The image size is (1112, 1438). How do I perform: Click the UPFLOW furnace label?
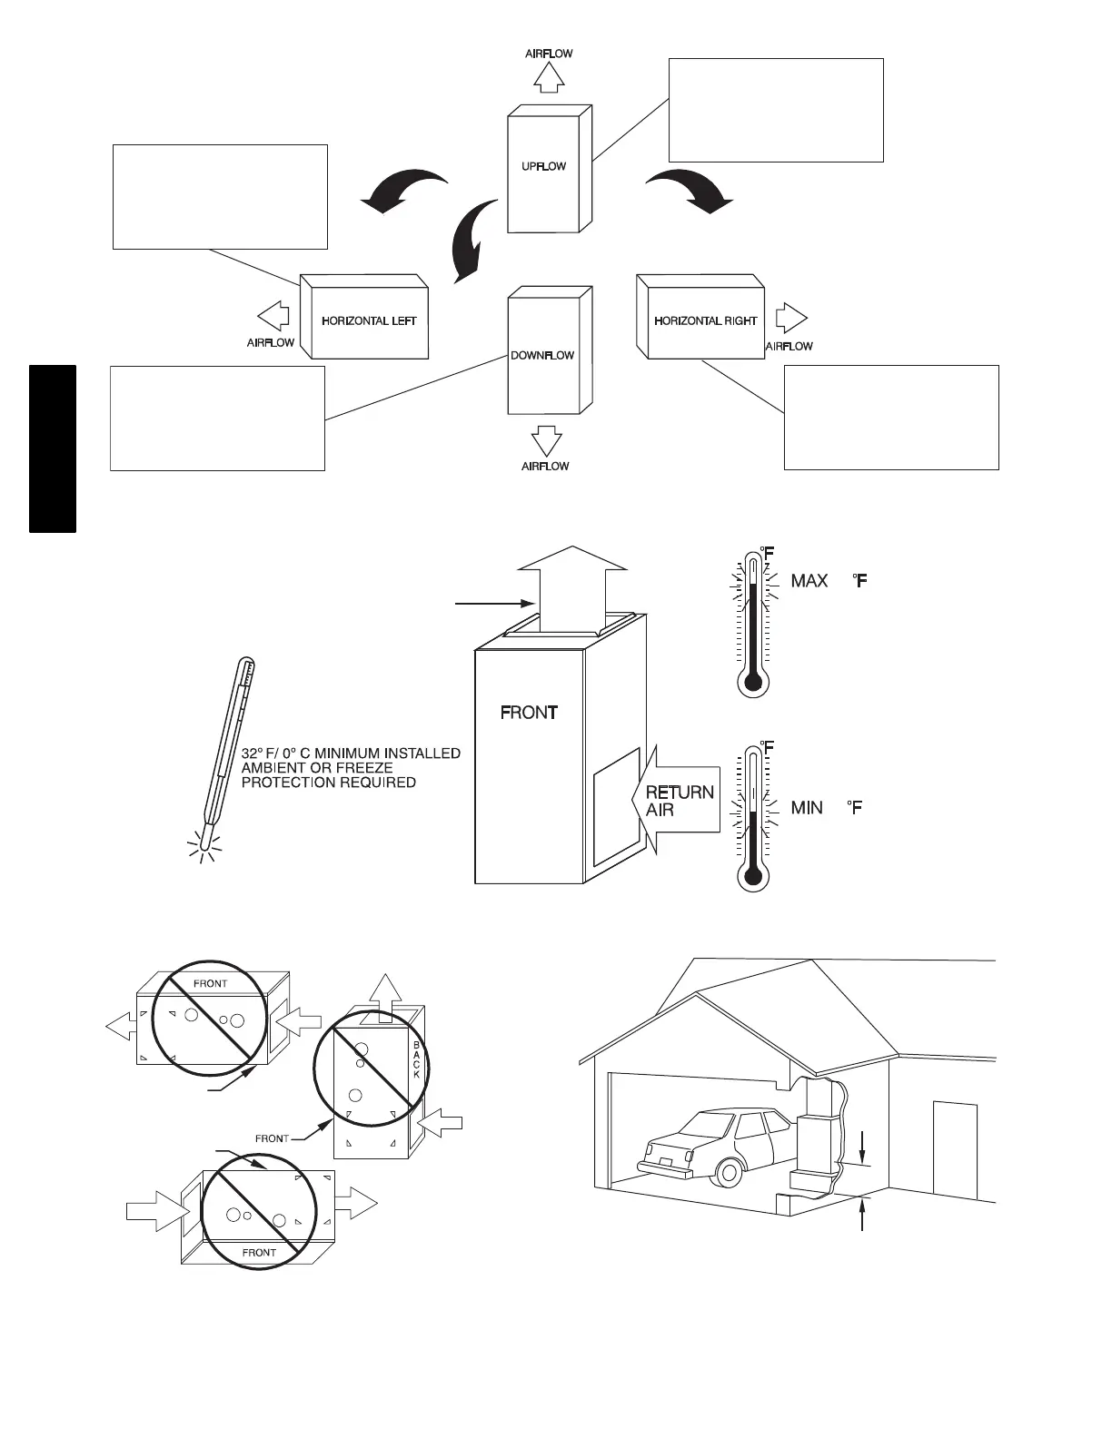[543, 166]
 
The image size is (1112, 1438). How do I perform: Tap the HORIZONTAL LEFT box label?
[369, 320]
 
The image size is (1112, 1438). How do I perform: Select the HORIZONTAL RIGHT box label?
[705, 320]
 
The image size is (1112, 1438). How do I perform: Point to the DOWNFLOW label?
[542, 355]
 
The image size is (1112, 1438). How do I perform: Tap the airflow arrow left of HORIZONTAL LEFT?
[273, 316]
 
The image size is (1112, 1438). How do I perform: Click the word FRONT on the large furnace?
[529, 713]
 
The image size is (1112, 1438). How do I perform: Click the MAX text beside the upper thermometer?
[809, 580]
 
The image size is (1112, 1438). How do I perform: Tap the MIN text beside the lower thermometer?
[807, 806]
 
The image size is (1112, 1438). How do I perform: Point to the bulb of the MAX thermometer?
[752, 682]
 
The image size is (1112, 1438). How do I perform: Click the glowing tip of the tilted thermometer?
[206, 849]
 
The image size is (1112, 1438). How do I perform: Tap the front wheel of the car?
[729, 1171]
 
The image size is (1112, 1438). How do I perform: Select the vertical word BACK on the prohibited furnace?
[417, 1059]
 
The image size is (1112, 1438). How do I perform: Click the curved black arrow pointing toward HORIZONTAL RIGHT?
[690, 190]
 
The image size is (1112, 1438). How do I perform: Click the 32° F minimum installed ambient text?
[351, 767]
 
